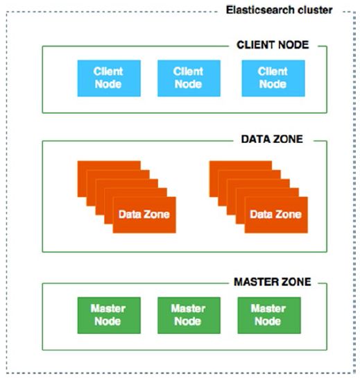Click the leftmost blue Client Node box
[x=109, y=78]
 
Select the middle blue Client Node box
[x=189, y=78]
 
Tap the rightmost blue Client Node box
[x=273, y=78]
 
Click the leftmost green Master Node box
[x=109, y=315]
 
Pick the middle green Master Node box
[x=189, y=315]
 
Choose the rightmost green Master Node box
[x=269, y=315]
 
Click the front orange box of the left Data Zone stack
[x=144, y=215]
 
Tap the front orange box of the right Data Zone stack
[x=276, y=215]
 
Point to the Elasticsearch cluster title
[x=279, y=10]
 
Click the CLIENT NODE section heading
[x=273, y=45]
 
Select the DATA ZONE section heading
[x=272, y=139]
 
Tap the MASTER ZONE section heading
[x=273, y=282]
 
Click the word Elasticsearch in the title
[x=260, y=10]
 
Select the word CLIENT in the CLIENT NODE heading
[x=255, y=45]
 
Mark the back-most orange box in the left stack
[x=109, y=165]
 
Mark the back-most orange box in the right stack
[x=241, y=165]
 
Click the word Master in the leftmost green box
[x=108, y=309]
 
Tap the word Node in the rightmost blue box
[x=273, y=84]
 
